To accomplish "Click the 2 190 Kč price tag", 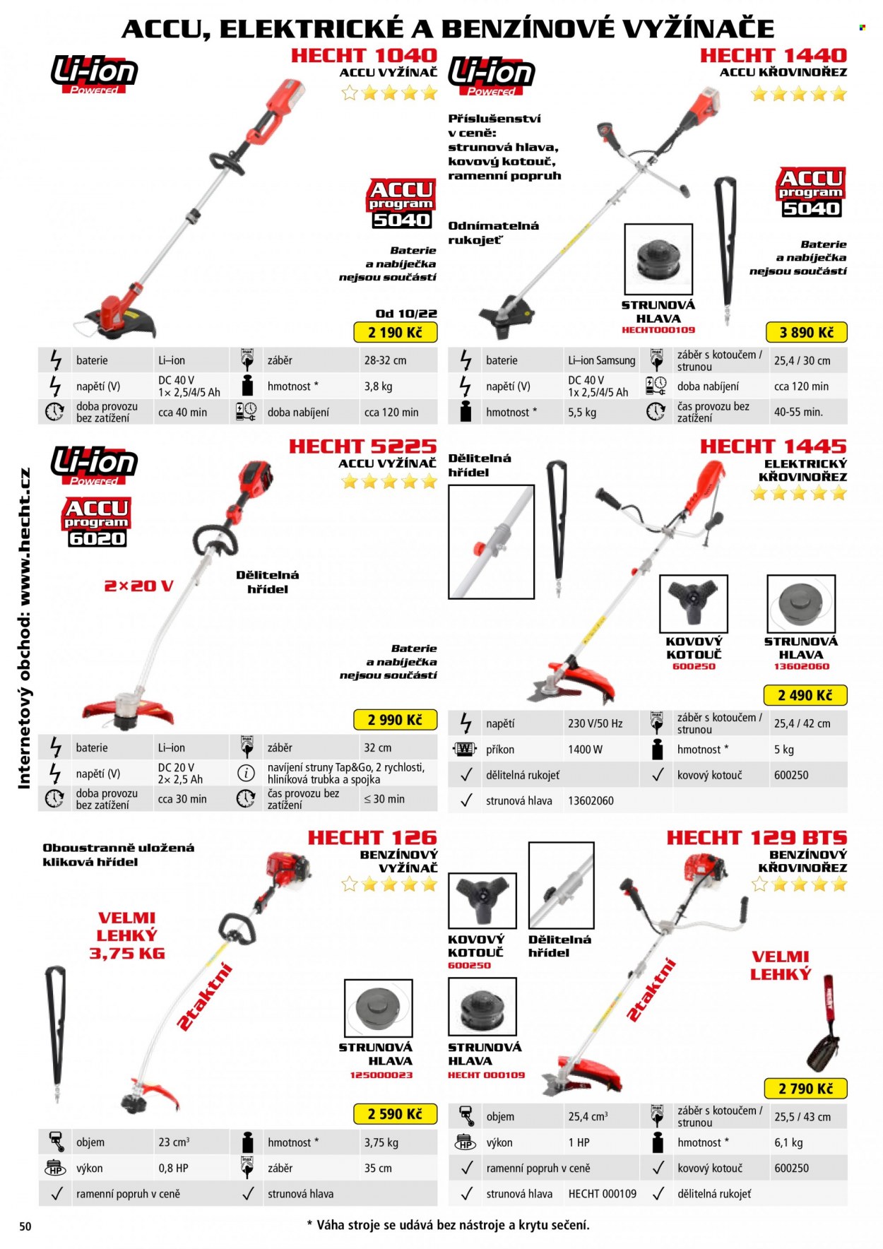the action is point(395,332).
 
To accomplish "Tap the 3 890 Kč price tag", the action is point(806,332).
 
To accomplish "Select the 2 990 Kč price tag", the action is point(395,720).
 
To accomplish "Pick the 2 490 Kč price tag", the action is point(805,695).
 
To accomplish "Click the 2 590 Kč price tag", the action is point(395,1114).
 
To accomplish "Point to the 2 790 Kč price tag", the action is point(805,1089).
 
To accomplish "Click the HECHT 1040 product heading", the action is point(365,55).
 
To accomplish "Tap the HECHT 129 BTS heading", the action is point(757,838).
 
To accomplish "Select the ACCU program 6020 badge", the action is point(96,523).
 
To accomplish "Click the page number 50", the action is point(25,1226).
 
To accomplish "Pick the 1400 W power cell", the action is point(585,750).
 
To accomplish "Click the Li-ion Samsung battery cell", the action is point(602,360).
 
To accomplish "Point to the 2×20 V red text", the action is point(138,586).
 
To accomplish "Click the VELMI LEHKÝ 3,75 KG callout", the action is point(127,935).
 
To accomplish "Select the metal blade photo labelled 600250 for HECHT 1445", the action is point(693,603).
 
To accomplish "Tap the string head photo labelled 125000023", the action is point(378,1008).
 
